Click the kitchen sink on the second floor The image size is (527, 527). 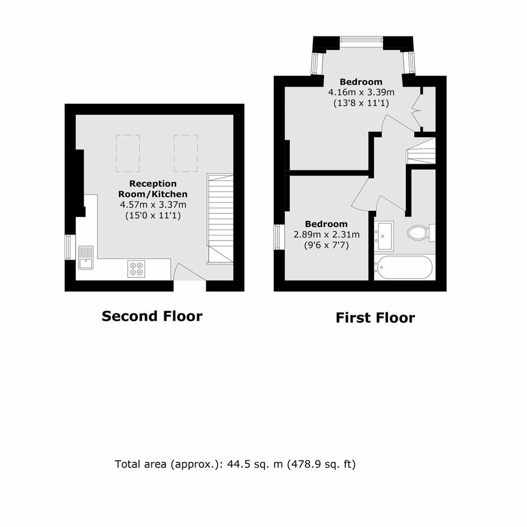point(86,258)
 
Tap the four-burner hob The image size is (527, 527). point(136,269)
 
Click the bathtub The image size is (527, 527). point(403,267)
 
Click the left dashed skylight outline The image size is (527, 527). point(128,153)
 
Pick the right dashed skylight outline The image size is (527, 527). point(186,153)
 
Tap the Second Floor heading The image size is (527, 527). point(152,316)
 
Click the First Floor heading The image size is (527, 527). point(375,318)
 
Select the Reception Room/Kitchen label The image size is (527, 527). point(153,189)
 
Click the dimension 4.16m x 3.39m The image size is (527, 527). point(361,92)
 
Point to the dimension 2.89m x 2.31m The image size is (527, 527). point(326,234)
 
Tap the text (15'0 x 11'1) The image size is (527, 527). point(153,215)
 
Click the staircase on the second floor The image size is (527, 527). point(220,219)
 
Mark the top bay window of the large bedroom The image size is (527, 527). point(361,40)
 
